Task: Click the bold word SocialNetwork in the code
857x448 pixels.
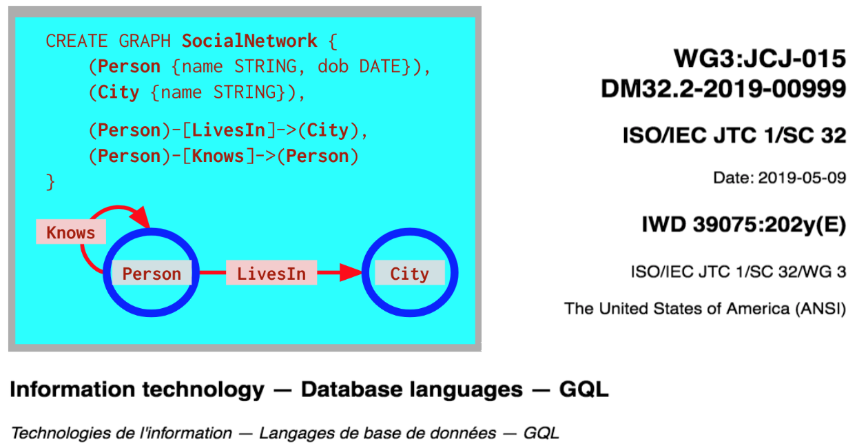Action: click(x=249, y=41)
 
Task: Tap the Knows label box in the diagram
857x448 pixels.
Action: click(x=71, y=232)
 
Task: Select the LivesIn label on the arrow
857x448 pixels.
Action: click(x=271, y=273)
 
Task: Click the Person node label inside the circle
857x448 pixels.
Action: click(x=152, y=273)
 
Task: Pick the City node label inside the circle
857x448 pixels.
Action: click(x=410, y=273)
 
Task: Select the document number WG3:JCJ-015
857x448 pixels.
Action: click(x=760, y=59)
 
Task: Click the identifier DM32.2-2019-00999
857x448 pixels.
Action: click(x=723, y=89)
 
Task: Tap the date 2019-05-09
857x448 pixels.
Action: click(x=802, y=178)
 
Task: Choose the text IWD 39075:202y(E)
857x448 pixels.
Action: click(x=744, y=225)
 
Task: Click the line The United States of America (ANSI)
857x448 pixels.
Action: click(x=705, y=309)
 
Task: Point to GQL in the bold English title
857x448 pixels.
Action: click(x=584, y=389)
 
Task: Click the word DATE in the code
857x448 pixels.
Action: click(x=380, y=67)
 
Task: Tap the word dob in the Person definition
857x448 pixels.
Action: click(x=333, y=67)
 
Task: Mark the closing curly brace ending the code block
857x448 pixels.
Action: click(x=50, y=182)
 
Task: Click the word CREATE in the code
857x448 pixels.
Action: click(x=76, y=41)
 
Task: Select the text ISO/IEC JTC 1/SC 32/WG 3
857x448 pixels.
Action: click(x=739, y=272)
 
